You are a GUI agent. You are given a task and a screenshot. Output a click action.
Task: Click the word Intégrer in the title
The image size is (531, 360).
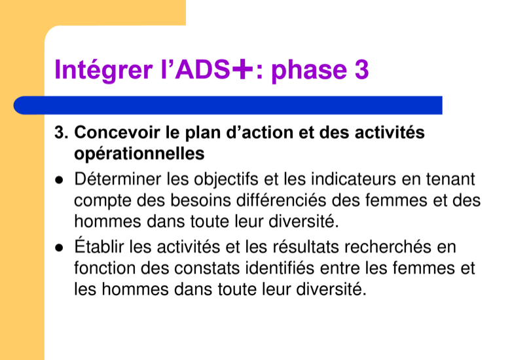pyautogui.click(x=103, y=70)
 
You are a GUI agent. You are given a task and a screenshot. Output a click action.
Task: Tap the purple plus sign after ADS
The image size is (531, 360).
pyautogui.click(x=242, y=69)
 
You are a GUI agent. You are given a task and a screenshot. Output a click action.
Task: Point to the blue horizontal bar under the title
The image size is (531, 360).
pyautogui.click(x=228, y=105)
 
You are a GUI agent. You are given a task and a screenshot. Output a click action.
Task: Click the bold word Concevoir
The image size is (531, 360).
pyautogui.click(x=117, y=132)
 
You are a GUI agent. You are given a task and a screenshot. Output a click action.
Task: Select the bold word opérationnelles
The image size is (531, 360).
pyautogui.click(x=139, y=154)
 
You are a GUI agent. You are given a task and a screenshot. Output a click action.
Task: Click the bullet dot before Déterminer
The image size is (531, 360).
pyautogui.click(x=60, y=180)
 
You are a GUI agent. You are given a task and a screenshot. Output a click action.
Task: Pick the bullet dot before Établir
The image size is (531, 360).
pyautogui.click(x=60, y=248)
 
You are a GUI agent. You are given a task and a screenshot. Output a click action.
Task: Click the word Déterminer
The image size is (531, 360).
pyautogui.click(x=117, y=179)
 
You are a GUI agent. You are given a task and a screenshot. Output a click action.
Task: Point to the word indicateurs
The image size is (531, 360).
pyautogui.click(x=354, y=179)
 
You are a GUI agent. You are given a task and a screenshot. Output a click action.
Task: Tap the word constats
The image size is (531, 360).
pyautogui.click(x=208, y=268)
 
